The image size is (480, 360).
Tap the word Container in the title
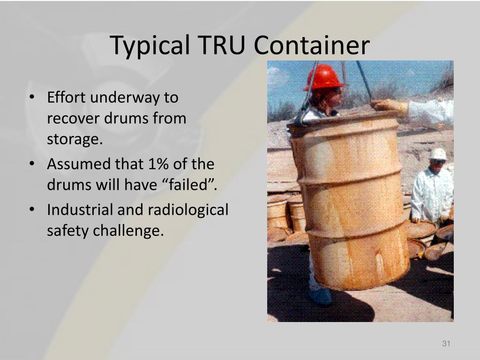312,45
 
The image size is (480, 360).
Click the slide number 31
446,345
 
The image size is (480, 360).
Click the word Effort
66,97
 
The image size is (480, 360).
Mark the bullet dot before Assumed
31,164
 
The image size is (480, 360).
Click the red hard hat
323,78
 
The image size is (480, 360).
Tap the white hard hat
438,154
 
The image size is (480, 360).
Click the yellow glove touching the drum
390,106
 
